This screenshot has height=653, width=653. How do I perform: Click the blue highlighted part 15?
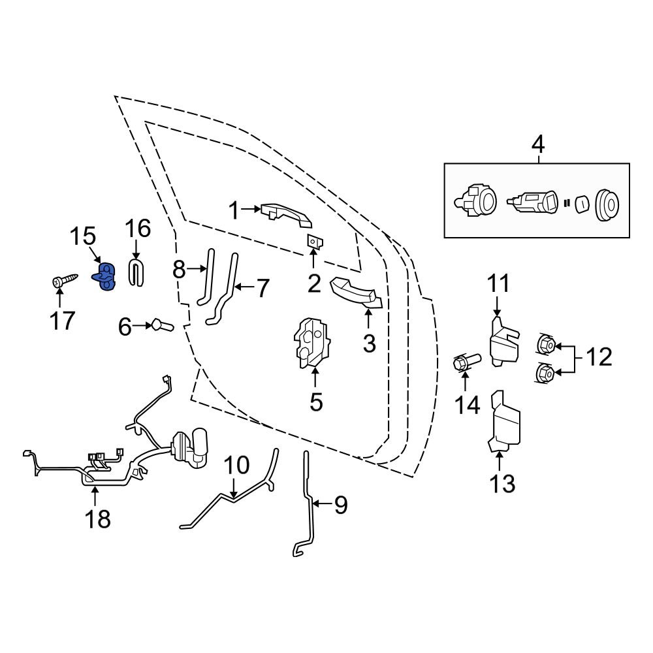click(x=105, y=277)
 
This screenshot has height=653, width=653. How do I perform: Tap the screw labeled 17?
click(x=64, y=281)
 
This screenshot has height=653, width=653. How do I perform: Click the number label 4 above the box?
click(x=537, y=144)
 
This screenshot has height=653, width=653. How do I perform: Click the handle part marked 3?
click(x=357, y=293)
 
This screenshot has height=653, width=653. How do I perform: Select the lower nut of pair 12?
click(x=546, y=373)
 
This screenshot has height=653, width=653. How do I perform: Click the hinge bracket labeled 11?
click(x=504, y=342)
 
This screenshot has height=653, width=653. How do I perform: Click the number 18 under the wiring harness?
click(x=95, y=518)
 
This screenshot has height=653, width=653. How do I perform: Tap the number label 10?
click(x=236, y=466)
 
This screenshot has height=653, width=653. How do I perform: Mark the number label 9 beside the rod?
click(x=341, y=505)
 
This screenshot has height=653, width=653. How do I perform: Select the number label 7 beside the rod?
click(x=262, y=288)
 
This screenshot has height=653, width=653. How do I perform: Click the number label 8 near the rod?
click(x=180, y=269)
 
